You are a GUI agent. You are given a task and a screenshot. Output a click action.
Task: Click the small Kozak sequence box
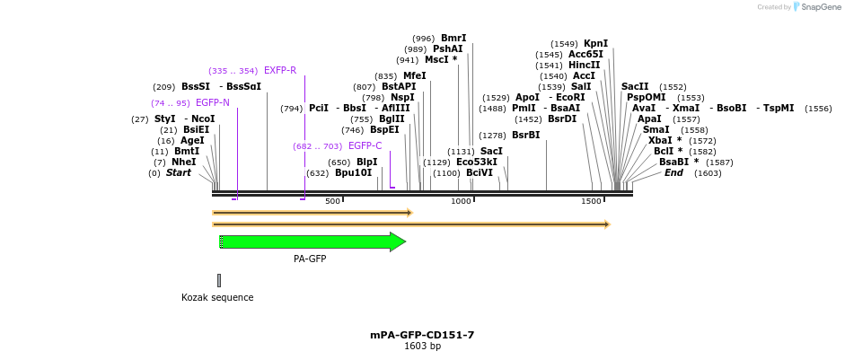click(218, 280)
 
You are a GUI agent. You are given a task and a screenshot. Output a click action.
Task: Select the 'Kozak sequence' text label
click(217, 297)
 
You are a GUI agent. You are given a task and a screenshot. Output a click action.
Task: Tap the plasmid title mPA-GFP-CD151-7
click(422, 335)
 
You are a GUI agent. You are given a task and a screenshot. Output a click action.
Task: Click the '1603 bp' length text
click(422, 347)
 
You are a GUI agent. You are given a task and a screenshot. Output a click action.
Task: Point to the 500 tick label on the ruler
click(333, 201)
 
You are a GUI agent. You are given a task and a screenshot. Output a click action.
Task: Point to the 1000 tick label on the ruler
click(461, 201)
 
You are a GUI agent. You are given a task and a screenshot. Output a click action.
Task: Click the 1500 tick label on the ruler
click(591, 201)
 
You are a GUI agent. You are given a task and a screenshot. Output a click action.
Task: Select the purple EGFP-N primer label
click(213, 103)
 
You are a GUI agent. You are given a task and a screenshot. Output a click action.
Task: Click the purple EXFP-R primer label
click(280, 70)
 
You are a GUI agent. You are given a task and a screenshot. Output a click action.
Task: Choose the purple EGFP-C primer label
click(365, 146)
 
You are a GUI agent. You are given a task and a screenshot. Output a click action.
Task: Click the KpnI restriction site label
click(595, 43)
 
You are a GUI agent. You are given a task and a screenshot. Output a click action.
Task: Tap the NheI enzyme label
click(183, 162)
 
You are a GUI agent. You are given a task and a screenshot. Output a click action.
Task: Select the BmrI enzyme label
click(453, 38)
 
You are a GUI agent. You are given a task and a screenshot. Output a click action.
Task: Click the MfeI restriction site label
click(414, 76)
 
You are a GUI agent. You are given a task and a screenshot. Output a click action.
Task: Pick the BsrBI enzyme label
click(525, 135)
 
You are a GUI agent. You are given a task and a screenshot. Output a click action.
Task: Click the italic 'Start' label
click(178, 172)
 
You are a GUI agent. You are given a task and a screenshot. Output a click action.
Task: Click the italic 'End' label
click(673, 172)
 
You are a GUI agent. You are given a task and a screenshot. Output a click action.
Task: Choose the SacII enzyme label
click(635, 86)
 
